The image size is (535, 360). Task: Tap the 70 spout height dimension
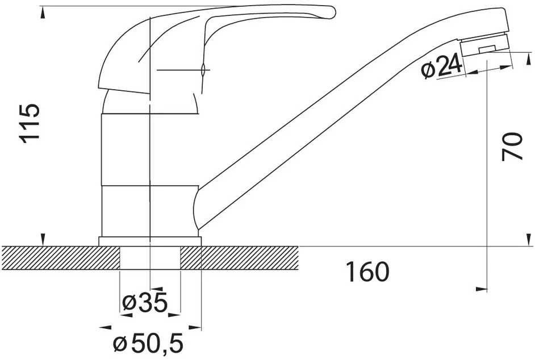coord(512,146)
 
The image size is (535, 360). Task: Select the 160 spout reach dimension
coord(367,272)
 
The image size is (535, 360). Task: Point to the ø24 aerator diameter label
coord(441,67)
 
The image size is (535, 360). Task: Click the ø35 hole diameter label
coord(145,302)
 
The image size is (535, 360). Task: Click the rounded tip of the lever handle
coord(332,12)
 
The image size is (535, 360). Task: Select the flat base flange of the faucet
coord(150,241)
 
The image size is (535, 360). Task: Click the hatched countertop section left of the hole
coord(61,258)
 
